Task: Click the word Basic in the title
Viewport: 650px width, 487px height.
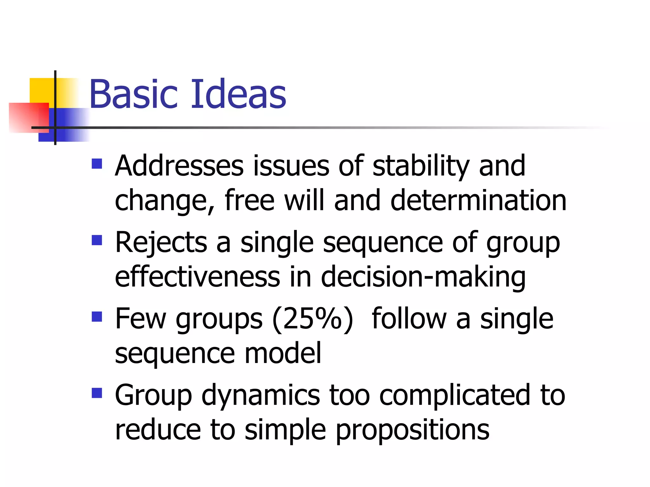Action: [134, 94]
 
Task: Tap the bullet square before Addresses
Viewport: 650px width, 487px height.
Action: [97, 164]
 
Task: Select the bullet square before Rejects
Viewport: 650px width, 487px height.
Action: [97, 240]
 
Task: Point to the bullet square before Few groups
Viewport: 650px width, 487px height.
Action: [97, 316]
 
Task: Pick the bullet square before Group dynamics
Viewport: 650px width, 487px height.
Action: [97, 393]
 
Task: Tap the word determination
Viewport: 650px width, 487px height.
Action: [478, 200]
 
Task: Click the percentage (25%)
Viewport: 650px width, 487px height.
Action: [313, 319]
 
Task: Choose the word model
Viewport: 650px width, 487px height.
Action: [283, 353]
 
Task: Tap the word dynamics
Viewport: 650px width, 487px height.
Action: [261, 396]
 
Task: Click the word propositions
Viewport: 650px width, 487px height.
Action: [412, 431]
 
